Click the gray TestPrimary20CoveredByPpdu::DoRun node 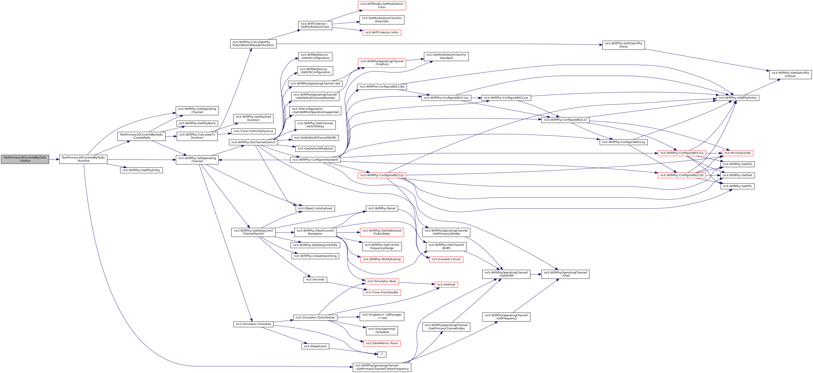pos(25,159)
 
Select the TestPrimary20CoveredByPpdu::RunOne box pos(83,159)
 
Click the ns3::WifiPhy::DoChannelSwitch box pos(253,142)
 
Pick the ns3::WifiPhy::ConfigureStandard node pos(315,160)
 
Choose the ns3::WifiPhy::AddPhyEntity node pos(737,98)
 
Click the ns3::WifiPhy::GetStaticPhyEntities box pos(790,74)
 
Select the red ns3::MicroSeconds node pos(737,153)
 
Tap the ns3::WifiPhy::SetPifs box pos(737,186)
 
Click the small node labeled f pos(382,354)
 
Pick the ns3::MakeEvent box pos(315,347)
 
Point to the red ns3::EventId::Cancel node pos(446,259)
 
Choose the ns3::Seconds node pos(315,280)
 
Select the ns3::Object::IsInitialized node pos(315,209)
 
